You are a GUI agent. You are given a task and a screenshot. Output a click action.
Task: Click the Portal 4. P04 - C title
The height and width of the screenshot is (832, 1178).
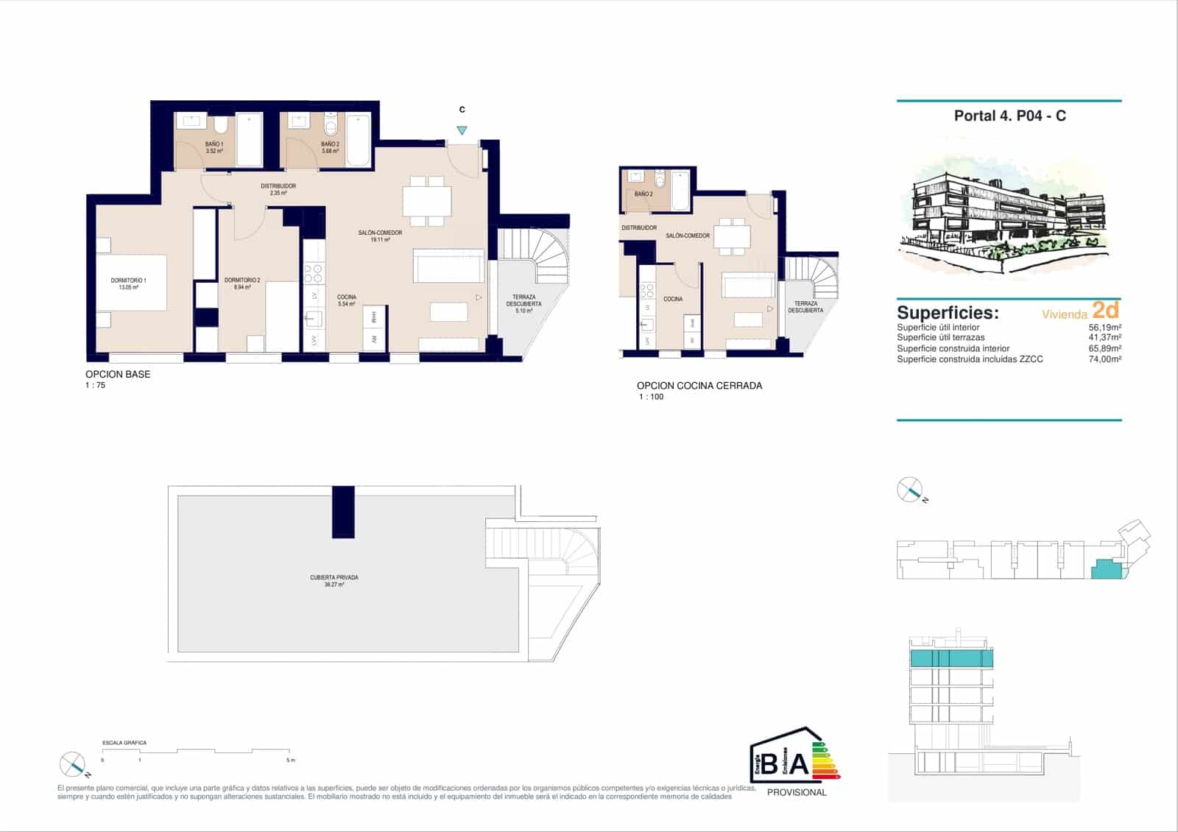[x=1009, y=116]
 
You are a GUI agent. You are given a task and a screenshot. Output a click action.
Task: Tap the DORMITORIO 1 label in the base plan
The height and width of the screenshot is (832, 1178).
[x=129, y=281]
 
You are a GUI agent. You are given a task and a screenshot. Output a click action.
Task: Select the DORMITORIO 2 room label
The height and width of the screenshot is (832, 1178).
[x=242, y=281]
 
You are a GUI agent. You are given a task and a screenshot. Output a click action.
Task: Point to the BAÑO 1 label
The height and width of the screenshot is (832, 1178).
[x=214, y=144]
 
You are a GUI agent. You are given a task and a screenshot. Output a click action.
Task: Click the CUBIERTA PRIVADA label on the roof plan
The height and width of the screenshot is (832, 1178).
[x=334, y=578]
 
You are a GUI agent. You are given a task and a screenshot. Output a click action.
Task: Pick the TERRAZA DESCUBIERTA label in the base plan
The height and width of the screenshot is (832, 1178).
[x=523, y=300]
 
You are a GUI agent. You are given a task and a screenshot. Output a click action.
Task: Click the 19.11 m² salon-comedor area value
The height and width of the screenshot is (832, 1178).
[x=380, y=240]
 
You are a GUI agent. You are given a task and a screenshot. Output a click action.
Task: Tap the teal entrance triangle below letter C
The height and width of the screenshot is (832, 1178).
[x=462, y=130]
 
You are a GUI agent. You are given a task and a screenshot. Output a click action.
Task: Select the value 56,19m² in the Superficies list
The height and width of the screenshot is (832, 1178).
[x=1104, y=328]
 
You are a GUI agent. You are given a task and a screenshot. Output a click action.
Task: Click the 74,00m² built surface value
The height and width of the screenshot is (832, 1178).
[x=1104, y=359]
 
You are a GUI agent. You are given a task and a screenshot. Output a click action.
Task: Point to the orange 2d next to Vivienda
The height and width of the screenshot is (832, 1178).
[x=1105, y=310]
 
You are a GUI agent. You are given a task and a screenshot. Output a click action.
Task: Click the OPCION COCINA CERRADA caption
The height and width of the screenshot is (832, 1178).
[x=699, y=386]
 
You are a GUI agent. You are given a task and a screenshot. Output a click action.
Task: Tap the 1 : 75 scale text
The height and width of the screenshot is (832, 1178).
[x=96, y=385]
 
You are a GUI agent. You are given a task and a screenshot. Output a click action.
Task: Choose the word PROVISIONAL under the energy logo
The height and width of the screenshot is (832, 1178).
[x=797, y=792]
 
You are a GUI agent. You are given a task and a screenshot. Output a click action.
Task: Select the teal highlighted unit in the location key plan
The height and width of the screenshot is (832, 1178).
[x=1105, y=569]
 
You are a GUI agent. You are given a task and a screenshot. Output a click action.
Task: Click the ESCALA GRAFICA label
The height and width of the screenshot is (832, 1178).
[x=124, y=743]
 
